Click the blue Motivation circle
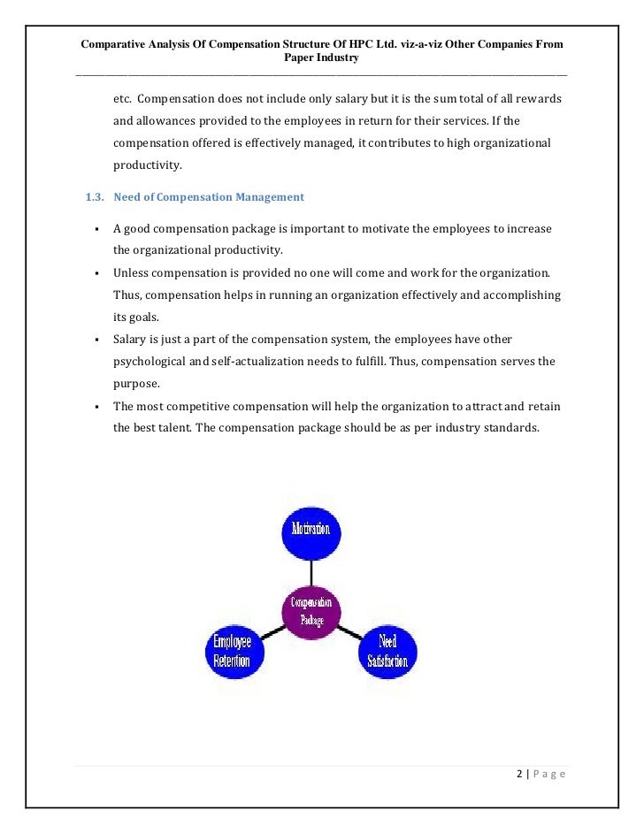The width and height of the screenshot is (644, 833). coord(310,530)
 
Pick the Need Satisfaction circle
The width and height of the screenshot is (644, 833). coord(387,653)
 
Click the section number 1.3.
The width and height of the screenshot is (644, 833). coord(94,196)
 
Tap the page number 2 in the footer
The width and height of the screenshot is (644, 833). coord(518,775)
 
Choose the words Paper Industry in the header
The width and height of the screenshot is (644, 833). coord(322,58)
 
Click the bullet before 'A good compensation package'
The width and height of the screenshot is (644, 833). coord(94,229)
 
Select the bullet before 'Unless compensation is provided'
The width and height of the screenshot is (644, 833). coord(94,272)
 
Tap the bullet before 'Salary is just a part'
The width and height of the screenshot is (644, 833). coord(94,340)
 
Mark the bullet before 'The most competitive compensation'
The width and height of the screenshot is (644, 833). coord(94,407)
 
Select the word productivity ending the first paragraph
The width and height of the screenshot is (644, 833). coord(147,164)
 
